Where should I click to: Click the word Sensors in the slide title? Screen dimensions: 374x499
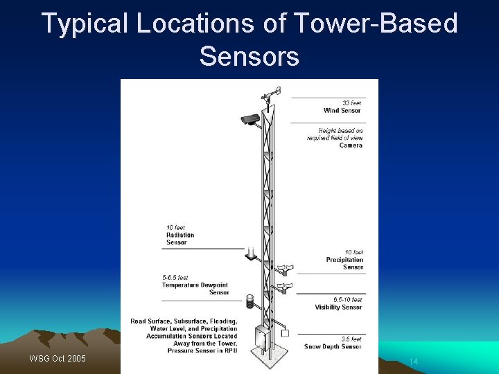[249, 56]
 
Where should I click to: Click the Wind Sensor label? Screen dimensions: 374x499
[342, 111]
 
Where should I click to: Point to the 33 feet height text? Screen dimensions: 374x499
[351, 103]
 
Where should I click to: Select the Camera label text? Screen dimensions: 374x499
[351, 145]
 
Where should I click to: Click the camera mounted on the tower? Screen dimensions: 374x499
[250, 119]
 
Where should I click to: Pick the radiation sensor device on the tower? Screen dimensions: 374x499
[250, 256]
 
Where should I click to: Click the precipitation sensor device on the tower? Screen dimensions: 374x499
[283, 269]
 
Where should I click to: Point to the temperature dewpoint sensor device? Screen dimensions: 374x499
[250, 302]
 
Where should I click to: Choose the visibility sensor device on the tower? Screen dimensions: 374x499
[283, 287]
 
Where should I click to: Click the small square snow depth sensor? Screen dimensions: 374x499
[284, 334]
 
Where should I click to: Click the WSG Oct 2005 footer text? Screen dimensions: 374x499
[58, 359]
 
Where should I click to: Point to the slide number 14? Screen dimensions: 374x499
[414, 362]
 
